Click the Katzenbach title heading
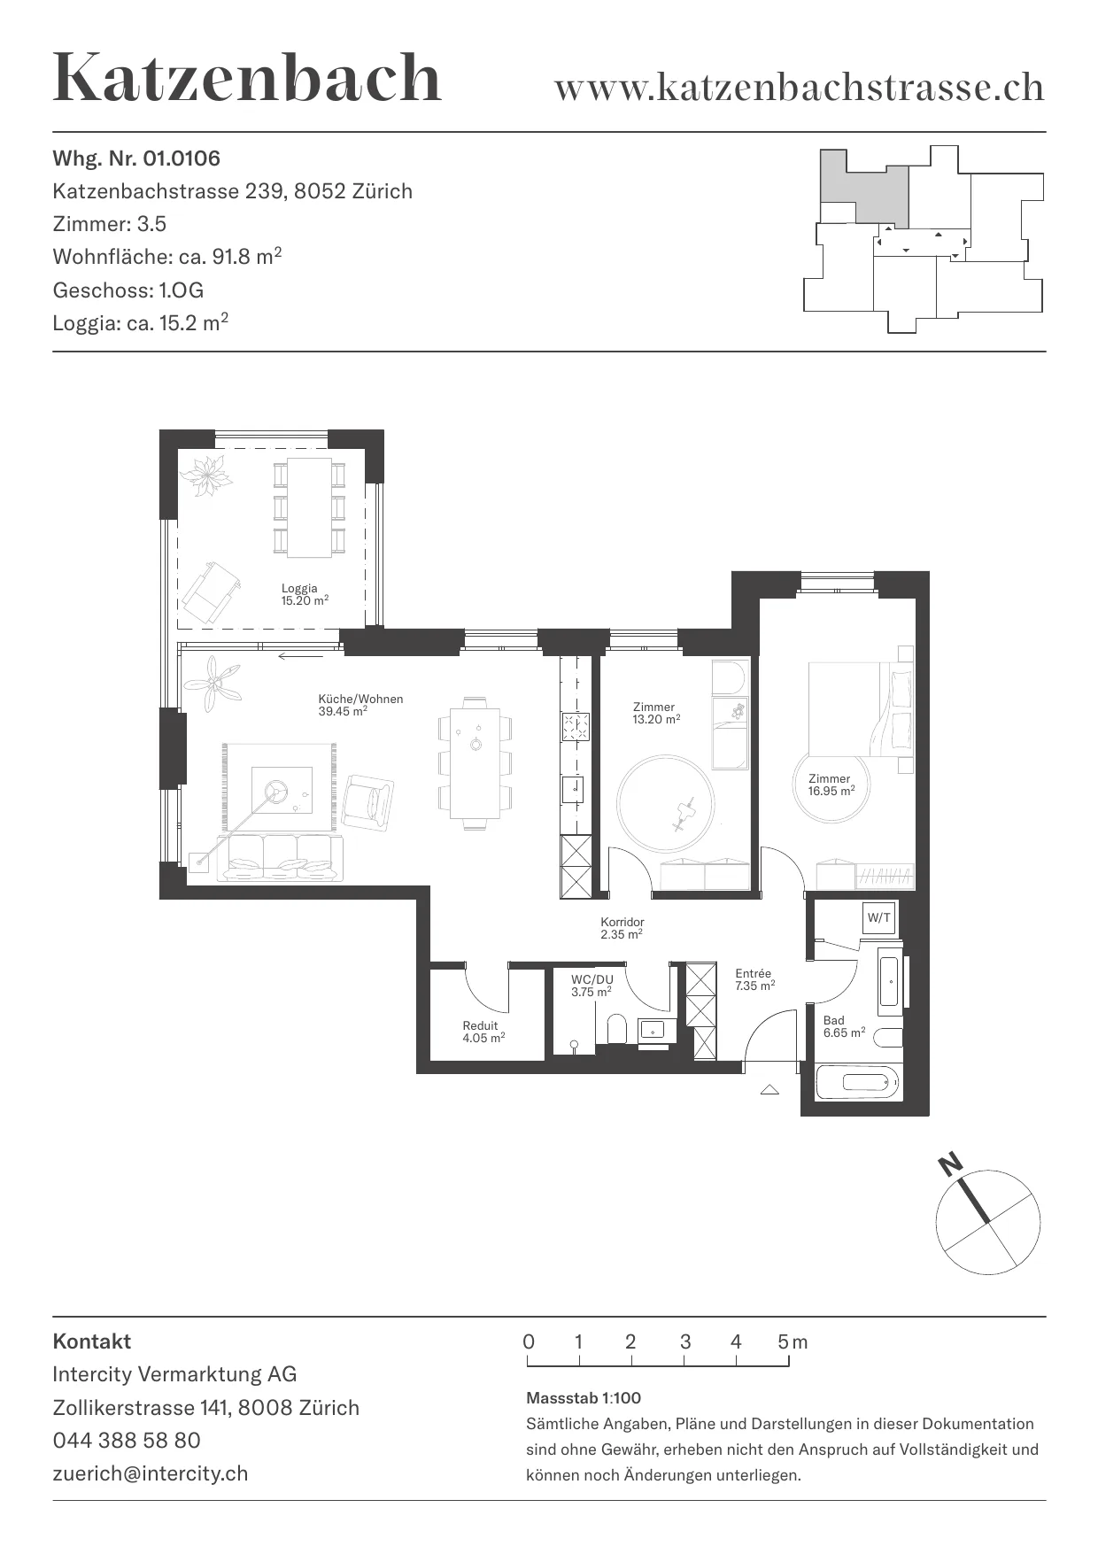click(x=247, y=78)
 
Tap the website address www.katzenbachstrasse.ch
click(x=799, y=87)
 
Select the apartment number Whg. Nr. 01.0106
click(x=136, y=158)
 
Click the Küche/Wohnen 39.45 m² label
click(x=360, y=705)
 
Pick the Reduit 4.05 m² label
click(x=483, y=1032)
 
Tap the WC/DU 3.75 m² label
click(x=592, y=986)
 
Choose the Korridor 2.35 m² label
click(x=622, y=928)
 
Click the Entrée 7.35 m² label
click(x=754, y=979)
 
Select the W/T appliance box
click(x=879, y=918)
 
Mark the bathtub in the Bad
click(x=858, y=1082)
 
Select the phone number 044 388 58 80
click(x=127, y=1441)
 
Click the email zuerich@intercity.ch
click(x=151, y=1473)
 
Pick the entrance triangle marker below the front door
click(x=769, y=1089)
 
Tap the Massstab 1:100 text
click(x=584, y=1398)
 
